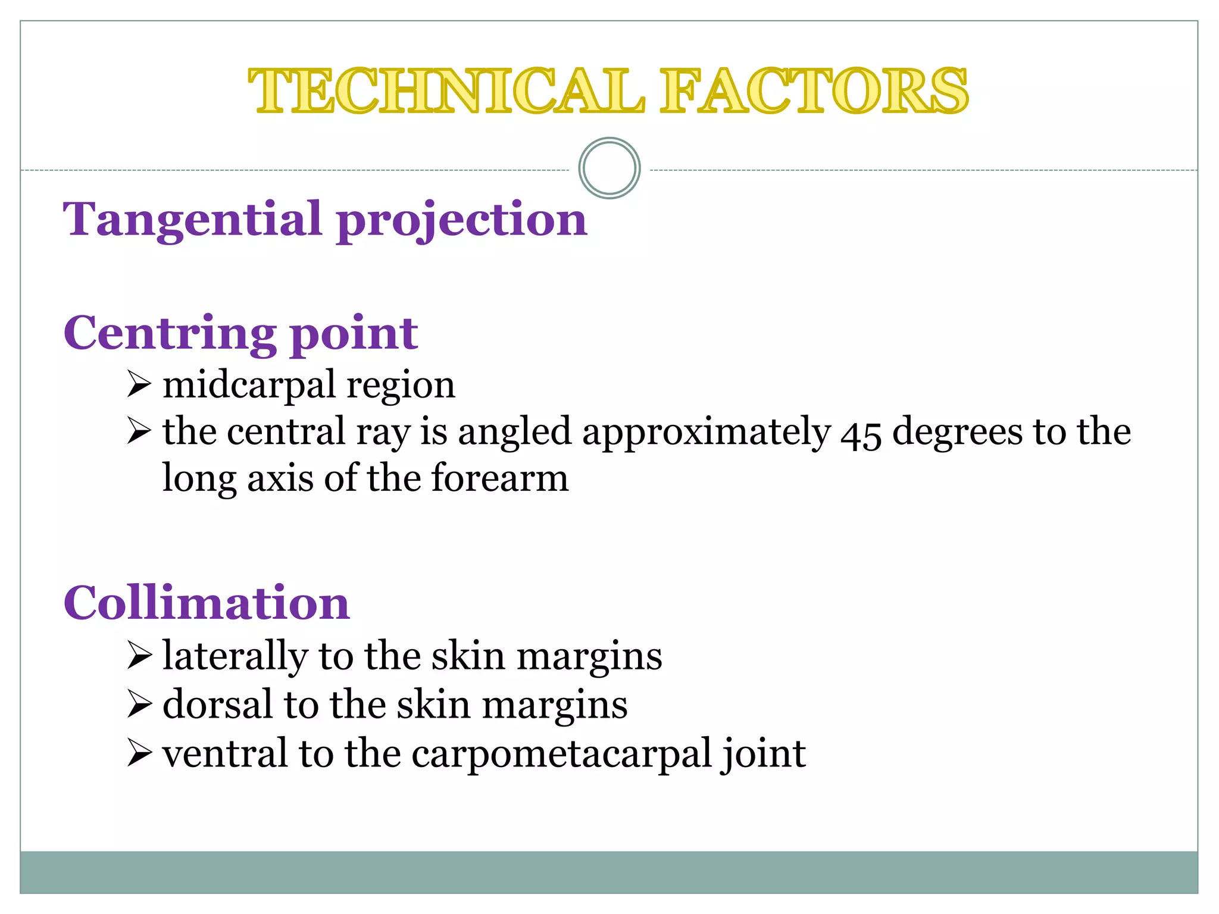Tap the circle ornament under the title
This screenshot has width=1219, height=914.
(609, 168)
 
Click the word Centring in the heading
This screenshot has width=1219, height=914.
(170, 334)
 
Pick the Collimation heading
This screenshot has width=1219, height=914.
(207, 603)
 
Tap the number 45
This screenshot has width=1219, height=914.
(861, 433)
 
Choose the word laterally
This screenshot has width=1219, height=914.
(235, 657)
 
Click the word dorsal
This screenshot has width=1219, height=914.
(218, 705)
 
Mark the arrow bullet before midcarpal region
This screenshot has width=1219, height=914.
(139, 384)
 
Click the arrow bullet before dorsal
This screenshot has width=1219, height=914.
(139, 705)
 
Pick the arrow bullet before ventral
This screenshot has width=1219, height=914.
(139, 753)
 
